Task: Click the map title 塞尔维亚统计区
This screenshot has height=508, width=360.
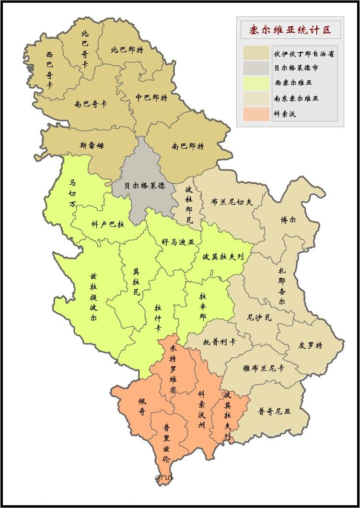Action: tap(290, 30)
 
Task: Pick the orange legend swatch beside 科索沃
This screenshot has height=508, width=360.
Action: tap(255, 114)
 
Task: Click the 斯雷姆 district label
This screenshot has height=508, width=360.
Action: tap(92, 145)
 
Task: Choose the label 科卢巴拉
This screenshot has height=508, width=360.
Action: tap(107, 224)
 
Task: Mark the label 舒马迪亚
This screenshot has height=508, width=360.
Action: tap(178, 243)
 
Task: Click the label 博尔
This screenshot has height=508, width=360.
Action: tap(288, 220)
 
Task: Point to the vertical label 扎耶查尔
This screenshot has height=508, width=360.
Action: tap(282, 286)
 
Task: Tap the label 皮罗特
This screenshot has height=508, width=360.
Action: tap(310, 345)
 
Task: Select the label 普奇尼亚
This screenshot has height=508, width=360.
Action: tap(274, 411)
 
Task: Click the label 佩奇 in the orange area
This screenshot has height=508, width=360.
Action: tap(142, 406)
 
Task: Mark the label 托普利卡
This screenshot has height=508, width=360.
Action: tap(219, 342)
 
